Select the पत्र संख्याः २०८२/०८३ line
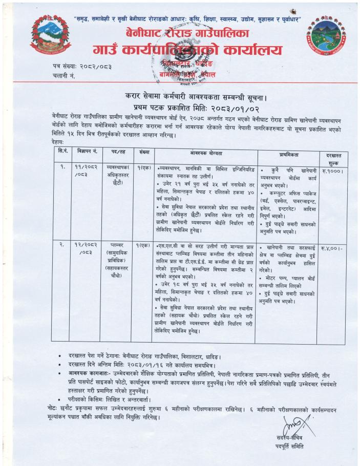81,67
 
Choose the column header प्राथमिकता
286,153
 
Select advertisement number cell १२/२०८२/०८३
86,249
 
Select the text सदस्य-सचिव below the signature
289,439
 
